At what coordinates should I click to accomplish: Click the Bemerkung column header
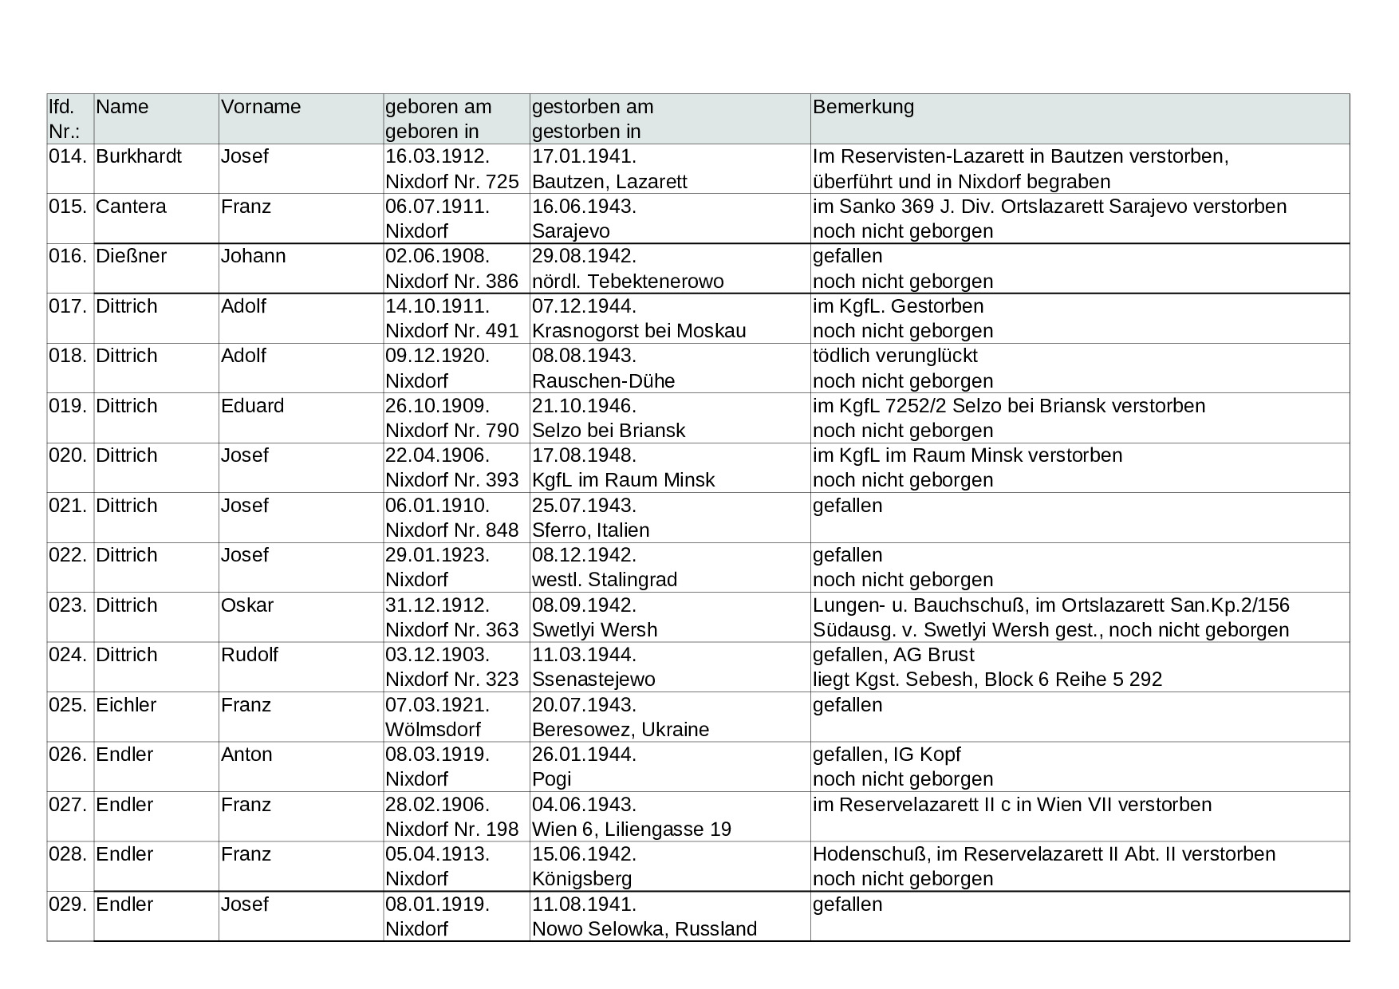coord(863,107)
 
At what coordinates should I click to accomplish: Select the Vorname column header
coord(261,107)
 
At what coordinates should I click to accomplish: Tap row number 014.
coord(68,156)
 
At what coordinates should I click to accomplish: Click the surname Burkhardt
coord(139,156)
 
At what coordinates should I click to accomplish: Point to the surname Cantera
coord(131,207)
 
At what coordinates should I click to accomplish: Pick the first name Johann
coord(253,256)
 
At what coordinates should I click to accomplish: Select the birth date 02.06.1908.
coord(437,256)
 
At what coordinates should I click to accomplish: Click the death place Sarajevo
coord(570,231)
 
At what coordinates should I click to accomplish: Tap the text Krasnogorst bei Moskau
coord(639,331)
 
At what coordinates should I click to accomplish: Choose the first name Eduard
coord(252,406)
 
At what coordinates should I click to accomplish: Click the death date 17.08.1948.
coord(584,455)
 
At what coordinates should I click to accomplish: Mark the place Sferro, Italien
coord(590,530)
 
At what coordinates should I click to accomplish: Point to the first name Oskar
coord(247,605)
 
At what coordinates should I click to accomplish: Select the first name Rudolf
coord(250,655)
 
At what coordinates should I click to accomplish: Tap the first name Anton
coord(246,755)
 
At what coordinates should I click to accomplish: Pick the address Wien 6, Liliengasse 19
coord(632,829)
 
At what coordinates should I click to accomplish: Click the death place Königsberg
coord(581,879)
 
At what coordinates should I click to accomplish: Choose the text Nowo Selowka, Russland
coord(644,929)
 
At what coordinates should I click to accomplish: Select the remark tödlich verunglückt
coord(895,356)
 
